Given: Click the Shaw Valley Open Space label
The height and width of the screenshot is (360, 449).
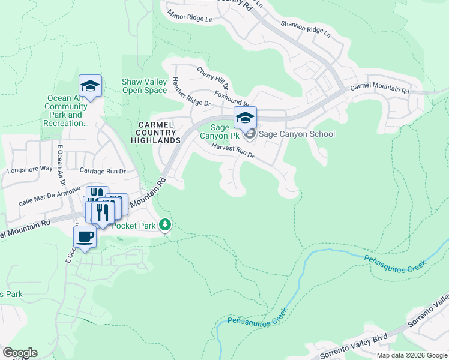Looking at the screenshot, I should point(144,86).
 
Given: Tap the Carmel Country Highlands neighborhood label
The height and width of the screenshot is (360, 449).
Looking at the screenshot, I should point(156,132).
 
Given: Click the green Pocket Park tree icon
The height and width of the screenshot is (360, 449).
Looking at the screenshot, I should point(165,226).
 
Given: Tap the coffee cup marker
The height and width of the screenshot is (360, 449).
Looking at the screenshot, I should point(85,236).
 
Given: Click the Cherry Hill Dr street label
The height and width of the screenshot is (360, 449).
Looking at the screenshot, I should point(212,79).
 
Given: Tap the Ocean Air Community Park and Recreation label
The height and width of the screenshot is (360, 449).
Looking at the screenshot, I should point(66,111).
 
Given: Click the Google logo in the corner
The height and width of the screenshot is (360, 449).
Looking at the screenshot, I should point(20,353).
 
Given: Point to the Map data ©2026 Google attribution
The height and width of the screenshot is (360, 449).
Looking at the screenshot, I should point(412,355).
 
